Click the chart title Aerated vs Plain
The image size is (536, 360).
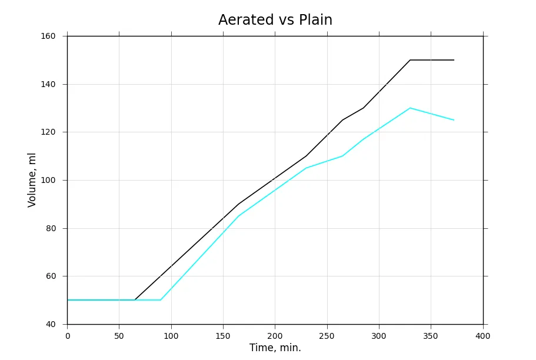pyautogui.click(x=275, y=20)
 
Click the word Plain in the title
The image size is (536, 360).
pyautogui.click(x=315, y=20)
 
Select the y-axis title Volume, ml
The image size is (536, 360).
pyautogui.click(x=32, y=180)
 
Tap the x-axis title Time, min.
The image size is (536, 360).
pyautogui.click(x=275, y=348)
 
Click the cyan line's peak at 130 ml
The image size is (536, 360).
pyautogui.click(x=410, y=108)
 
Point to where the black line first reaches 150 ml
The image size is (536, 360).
pyautogui.click(x=410, y=60)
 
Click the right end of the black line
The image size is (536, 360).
pyautogui.click(x=454, y=60)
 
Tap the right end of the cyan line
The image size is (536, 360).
pyautogui.click(x=454, y=120)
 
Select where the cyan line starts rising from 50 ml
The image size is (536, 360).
pyautogui.click(x=161, y=300)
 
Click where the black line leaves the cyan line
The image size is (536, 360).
pyautogui.click(x=135, y=300)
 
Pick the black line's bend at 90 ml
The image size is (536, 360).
pyautogui.click(x=239, y=204)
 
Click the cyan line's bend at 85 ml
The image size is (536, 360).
pyautogui.click(x=239, y=216)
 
